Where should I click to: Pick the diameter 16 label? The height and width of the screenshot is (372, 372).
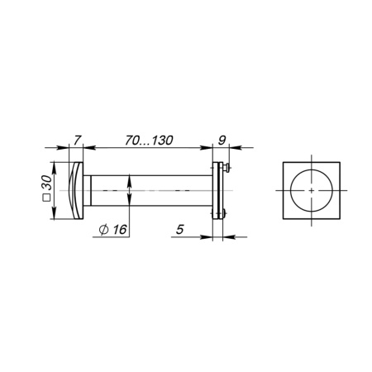[x=113, y=229]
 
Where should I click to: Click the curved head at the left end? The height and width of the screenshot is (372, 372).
[x=77, y=190]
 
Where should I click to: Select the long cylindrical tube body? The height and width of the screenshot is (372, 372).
[x=149, y=190]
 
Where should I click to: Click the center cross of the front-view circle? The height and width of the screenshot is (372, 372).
[x=311, y=190]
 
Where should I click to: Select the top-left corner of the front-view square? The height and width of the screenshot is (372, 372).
[x=283, y=162]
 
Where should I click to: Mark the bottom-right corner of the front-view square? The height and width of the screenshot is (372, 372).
[x=339, y=218]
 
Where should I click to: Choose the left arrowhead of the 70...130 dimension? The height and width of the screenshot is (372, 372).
[x=90, y=149]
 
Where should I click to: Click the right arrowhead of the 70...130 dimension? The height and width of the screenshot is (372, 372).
[x=209, y=149]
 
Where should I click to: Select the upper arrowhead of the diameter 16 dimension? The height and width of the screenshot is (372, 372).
[x=130, y=178]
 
